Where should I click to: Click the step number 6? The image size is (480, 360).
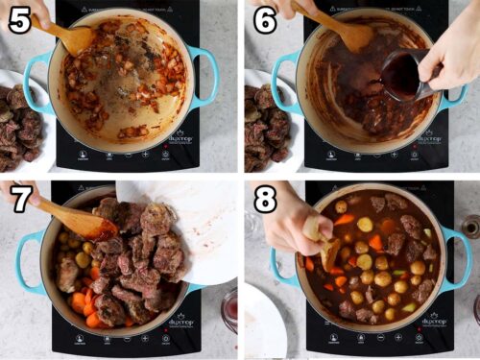[x=264, y=19]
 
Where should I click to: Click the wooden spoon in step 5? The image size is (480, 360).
[x=67, y=36]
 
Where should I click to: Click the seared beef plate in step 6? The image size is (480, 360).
[x=264, y=125]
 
